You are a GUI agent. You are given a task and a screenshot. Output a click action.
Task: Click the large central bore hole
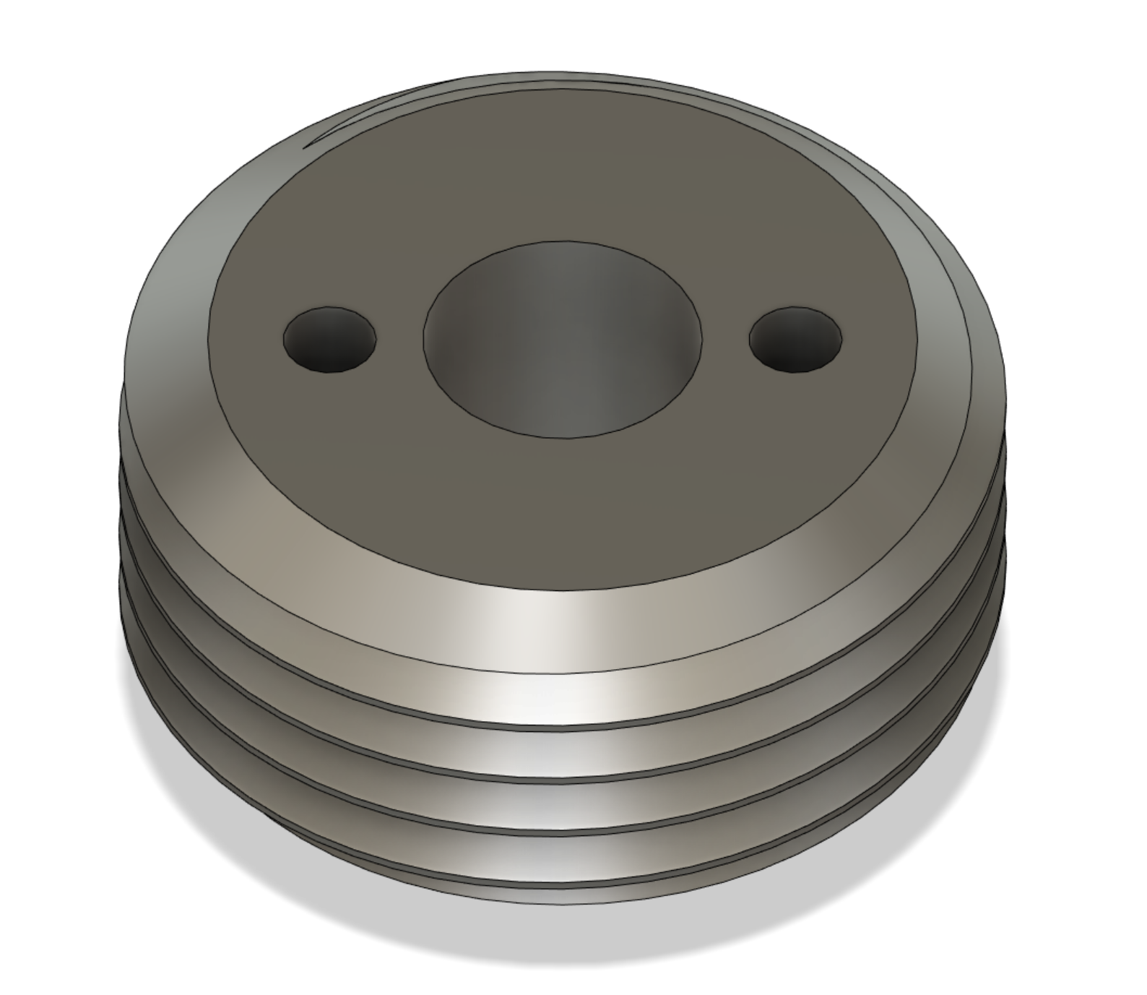click(562, 340)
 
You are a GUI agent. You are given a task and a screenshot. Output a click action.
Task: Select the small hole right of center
click(795, 340)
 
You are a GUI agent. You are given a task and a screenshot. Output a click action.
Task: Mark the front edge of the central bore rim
click(562, 436)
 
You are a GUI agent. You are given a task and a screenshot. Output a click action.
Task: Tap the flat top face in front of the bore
click(562, 506)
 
